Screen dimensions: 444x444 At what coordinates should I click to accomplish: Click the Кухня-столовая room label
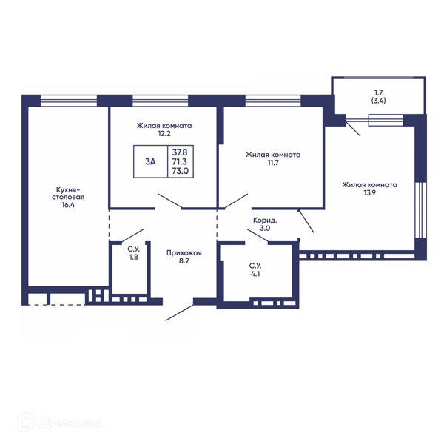68,193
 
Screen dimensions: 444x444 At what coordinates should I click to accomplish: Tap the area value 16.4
68,205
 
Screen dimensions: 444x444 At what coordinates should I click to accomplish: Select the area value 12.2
164,134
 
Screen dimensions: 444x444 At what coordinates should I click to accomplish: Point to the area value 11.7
273,163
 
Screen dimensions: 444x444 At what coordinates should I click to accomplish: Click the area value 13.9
369,193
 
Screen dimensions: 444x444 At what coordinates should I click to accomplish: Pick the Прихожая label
184,253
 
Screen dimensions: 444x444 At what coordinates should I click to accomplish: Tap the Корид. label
265,220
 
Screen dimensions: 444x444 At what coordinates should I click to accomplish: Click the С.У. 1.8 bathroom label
134,253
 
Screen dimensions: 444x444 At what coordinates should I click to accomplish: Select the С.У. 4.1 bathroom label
255,270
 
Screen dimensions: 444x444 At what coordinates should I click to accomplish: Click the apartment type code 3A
150,161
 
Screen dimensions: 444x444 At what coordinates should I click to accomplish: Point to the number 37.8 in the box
180,152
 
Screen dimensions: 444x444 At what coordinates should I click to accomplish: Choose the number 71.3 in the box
180,161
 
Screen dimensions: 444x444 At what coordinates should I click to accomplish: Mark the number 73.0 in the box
180,171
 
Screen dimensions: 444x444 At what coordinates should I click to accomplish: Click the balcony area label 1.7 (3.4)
379,96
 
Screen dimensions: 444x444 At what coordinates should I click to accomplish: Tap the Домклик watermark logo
60,423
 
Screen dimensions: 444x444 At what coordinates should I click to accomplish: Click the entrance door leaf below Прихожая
180,313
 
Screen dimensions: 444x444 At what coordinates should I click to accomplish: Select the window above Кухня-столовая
69,101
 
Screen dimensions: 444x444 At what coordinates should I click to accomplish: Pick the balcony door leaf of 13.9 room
353,128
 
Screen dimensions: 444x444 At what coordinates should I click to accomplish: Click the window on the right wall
420,210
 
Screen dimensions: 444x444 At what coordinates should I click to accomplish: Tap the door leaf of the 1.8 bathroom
132,235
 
